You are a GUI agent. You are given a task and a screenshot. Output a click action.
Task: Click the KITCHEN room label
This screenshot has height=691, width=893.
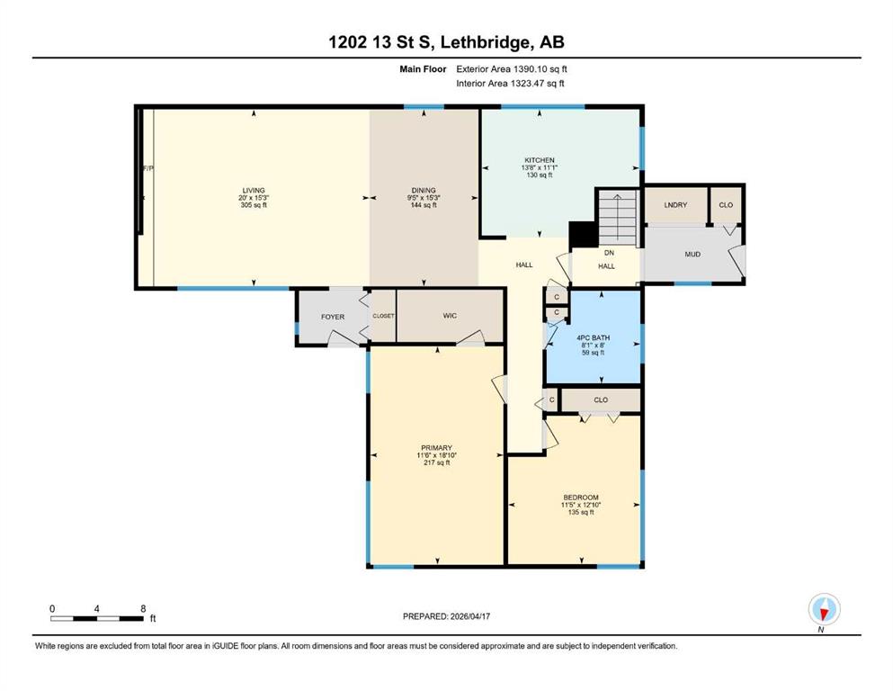[540, 160]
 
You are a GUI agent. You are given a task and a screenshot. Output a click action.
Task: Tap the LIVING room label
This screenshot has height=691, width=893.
[254, 190]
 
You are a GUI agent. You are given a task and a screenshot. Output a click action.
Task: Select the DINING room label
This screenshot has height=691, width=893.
[424, 190]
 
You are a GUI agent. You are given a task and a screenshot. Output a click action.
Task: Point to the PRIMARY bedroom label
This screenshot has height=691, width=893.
[437, 448]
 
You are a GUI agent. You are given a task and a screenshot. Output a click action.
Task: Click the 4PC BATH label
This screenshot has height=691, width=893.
[593, 337]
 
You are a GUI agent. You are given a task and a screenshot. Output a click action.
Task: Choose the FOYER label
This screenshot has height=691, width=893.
[333, 317]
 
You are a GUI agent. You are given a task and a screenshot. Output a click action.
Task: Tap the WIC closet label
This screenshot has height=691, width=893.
[450, 316]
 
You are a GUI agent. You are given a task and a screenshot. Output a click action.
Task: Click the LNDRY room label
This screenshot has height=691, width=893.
[675, 204]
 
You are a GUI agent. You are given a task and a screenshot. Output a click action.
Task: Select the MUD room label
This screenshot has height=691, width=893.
[692, 254]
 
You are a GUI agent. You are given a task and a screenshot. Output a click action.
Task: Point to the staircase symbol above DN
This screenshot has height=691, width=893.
[617, 218]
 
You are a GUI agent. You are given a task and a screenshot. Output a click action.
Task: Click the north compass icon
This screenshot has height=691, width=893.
[824, 609]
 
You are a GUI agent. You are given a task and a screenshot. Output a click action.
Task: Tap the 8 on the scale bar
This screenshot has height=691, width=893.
[144, 608]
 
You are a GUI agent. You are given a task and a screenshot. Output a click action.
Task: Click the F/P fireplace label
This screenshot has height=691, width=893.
[148, 168]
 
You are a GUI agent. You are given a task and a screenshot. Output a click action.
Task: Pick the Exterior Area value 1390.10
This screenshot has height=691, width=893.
[529, 69]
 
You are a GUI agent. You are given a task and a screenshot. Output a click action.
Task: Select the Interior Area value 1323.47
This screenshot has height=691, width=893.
[527, 83]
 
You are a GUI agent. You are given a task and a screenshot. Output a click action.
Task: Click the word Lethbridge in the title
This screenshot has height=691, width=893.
[486, 42]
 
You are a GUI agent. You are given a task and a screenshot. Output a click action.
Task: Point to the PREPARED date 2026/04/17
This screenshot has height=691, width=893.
[470, 616]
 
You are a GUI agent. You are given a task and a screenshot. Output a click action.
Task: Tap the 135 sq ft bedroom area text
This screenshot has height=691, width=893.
[581, 512]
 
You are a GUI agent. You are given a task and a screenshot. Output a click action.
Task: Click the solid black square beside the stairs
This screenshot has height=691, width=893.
[583, 234]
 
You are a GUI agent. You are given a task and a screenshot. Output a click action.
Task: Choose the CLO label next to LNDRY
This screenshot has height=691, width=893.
[726, 204]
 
